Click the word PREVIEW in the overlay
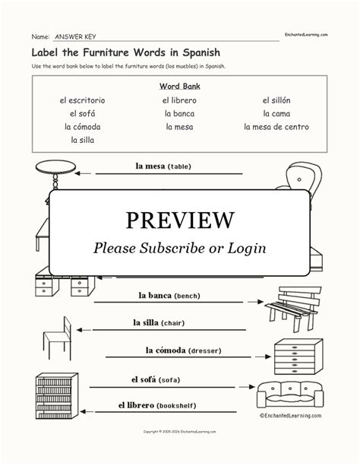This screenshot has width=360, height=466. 179,220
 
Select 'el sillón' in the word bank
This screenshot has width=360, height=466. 276,100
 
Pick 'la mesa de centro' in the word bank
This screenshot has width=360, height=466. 276,126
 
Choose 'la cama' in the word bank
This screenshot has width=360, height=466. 276,113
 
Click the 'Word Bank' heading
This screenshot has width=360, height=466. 179,86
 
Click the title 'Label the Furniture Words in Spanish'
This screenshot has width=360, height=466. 115,54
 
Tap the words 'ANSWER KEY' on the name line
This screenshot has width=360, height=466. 76,36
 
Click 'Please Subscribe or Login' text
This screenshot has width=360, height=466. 179,249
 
